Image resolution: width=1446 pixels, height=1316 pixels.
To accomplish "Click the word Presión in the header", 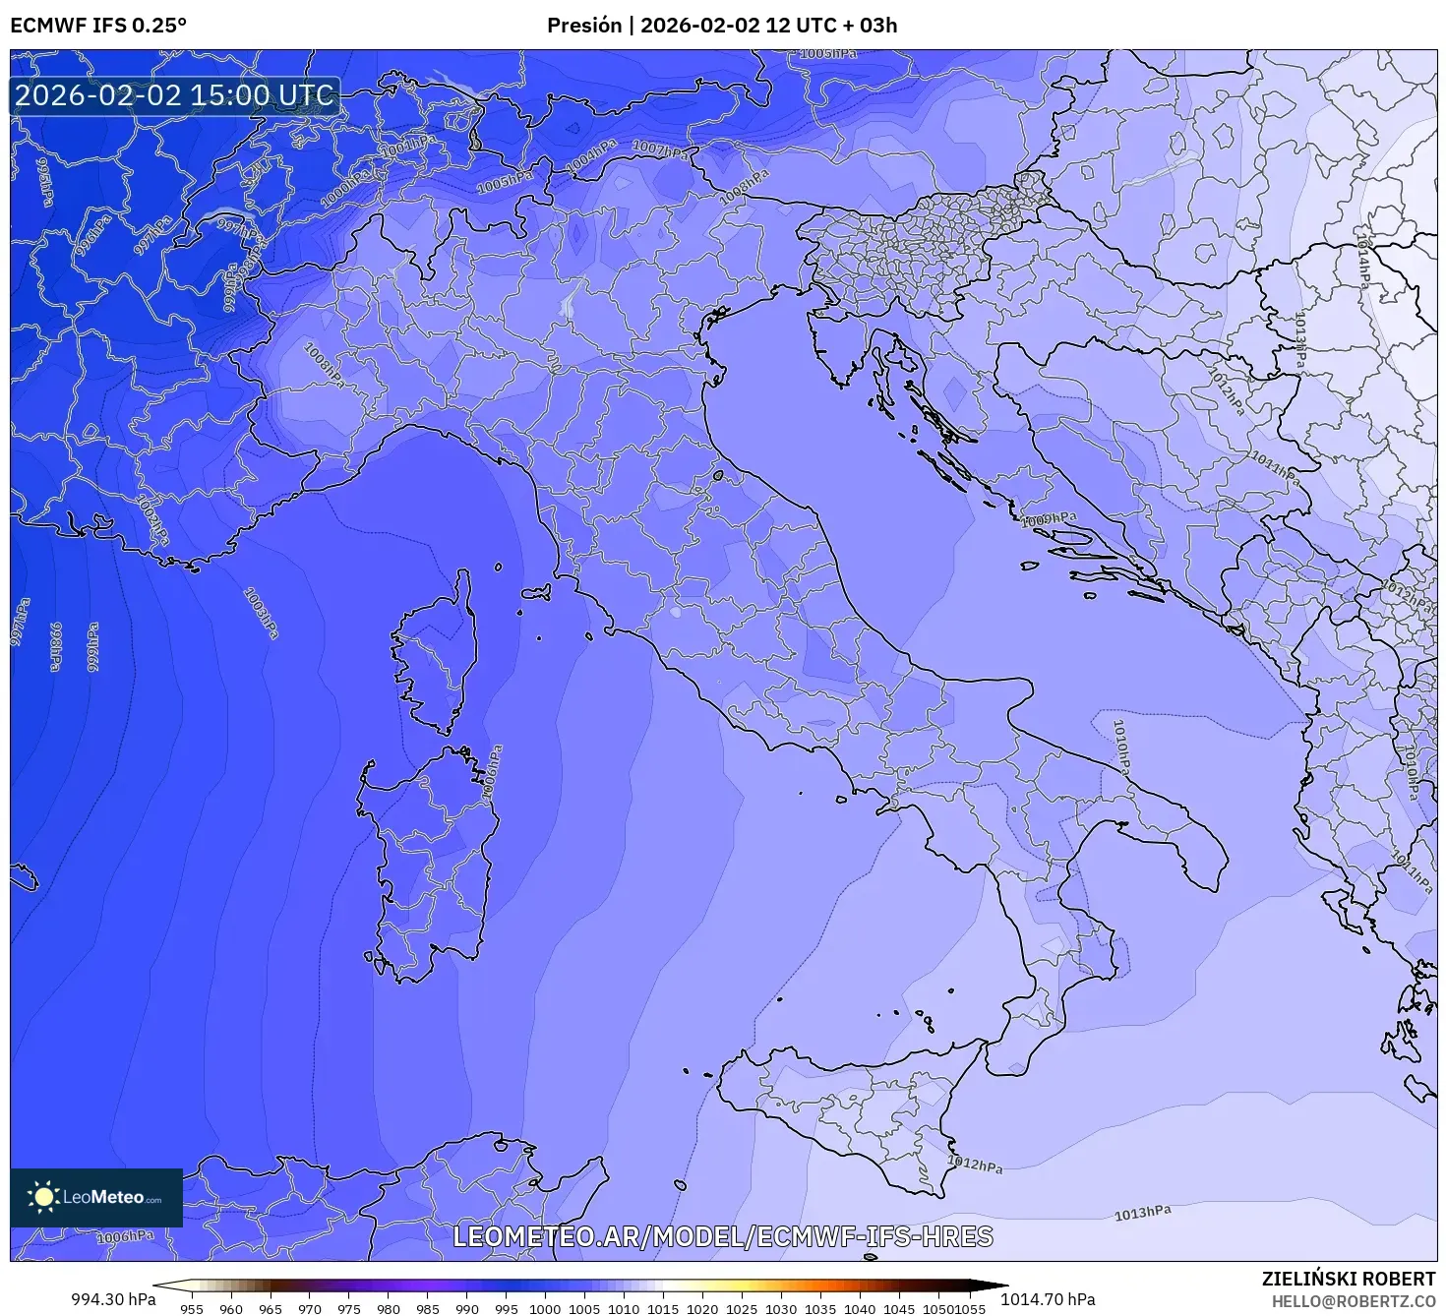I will pos(584,26).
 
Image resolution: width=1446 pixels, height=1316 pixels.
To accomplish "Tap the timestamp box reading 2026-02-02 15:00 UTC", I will pos(175,96).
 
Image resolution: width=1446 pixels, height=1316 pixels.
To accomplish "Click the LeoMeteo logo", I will pos(96,1197).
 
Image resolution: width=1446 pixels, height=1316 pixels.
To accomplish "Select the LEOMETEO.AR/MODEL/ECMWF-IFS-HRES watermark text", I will pos(723,1236).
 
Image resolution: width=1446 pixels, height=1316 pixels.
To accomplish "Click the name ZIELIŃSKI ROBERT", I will pos(1348,1279).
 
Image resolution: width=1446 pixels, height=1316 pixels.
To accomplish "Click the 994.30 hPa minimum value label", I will pos(113,1299).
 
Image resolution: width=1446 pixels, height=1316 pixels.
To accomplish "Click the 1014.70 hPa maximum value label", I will pos(1048,1299).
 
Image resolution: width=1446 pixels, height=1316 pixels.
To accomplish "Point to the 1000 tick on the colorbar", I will pos(545,1308).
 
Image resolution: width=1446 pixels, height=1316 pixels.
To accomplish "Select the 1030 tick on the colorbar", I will pos(780,1308).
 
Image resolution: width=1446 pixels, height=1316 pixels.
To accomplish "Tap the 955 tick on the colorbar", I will pos(192,1308).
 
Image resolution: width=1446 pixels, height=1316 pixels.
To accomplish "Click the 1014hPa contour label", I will pos(1362,260).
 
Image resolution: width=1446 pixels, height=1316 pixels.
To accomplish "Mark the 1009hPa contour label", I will pos(1049,519).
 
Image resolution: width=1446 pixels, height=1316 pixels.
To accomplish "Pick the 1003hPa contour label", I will pos(261,613).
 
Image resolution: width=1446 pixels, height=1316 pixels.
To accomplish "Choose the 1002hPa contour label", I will pos(152,521).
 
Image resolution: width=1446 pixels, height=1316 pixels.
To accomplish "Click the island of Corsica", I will pos(438,654).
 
